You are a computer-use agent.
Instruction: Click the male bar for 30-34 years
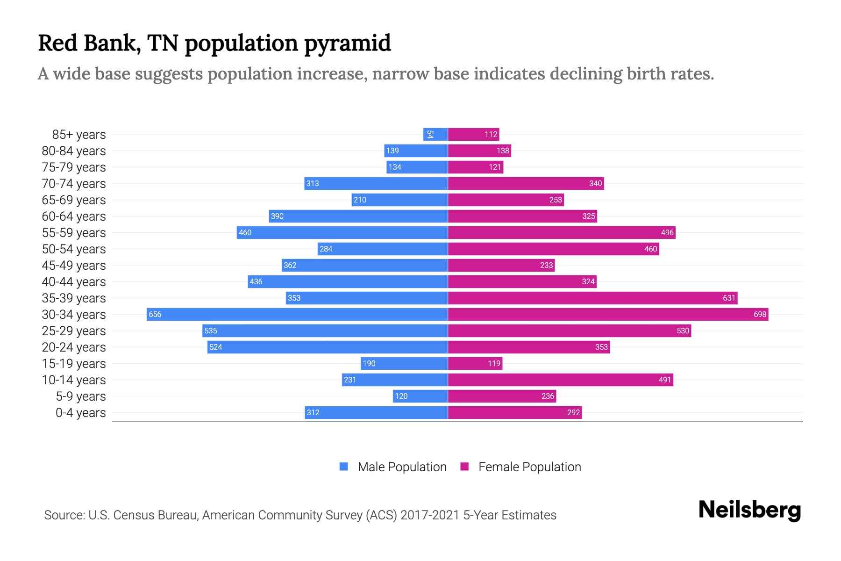click(297, 314)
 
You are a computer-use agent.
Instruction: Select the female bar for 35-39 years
click(592, 298)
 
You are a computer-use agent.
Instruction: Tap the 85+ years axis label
click(78, 135)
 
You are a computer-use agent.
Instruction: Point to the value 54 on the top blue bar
click(430, 134)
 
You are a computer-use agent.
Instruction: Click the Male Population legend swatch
click(344, 467)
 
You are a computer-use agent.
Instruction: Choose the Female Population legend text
click(529, 467)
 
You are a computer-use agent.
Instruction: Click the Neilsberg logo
click(749, 510)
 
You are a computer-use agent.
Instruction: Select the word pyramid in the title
click(347, 43)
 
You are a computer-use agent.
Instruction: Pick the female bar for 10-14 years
click(560, 380)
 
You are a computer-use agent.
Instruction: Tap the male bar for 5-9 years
click(420, 396)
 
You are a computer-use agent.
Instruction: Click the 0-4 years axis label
click(80, 413)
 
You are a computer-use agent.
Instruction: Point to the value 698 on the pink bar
click(760, 314)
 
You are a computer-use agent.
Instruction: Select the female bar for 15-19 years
click(475, 363)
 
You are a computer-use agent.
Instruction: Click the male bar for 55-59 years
click(342, 232)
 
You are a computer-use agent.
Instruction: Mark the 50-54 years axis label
click(74, 249)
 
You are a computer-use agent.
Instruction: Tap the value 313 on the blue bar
click(313, 183)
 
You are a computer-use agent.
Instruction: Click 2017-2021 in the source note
click(429, 515)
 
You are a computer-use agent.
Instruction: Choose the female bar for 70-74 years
click(526, 183)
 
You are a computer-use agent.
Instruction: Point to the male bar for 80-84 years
click(416, 151)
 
